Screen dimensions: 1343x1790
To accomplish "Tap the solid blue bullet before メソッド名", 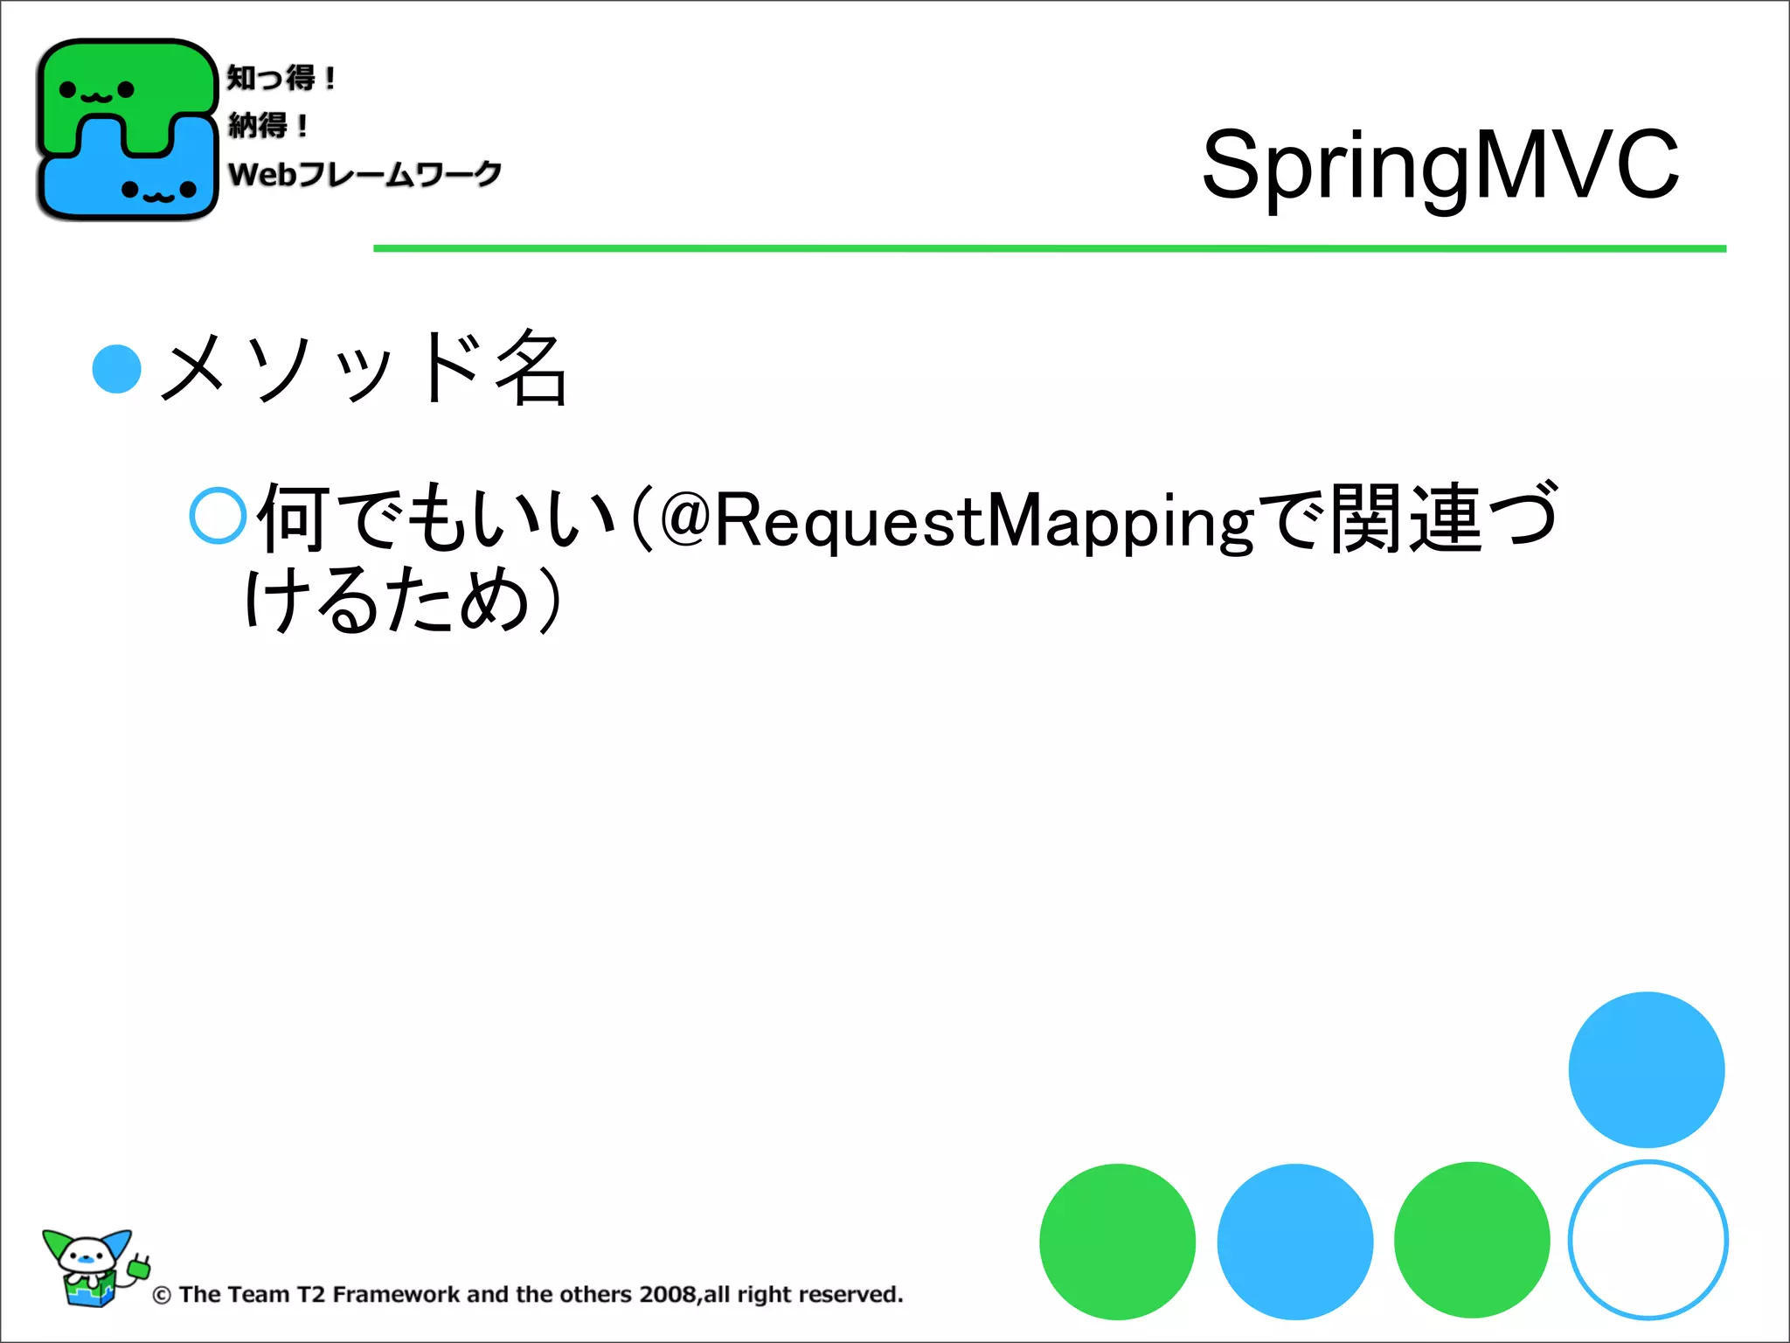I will (116, 369).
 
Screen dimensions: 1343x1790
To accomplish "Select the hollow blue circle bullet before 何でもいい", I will (218, 516).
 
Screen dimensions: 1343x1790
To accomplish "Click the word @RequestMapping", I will (957, 520).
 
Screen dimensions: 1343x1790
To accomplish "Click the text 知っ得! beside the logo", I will (281, 78).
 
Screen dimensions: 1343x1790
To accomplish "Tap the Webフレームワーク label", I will (364, 174).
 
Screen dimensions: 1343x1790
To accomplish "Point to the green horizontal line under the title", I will (1049, 248).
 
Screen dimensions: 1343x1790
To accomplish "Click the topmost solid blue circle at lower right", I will (1646, 1069).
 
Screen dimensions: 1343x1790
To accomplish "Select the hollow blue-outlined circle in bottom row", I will (1648, 1240).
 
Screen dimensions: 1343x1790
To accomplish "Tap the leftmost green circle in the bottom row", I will (1117, 1241).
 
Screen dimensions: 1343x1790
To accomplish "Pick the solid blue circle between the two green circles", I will (1294, 1241).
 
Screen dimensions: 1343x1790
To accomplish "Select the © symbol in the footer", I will (162, 1295).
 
